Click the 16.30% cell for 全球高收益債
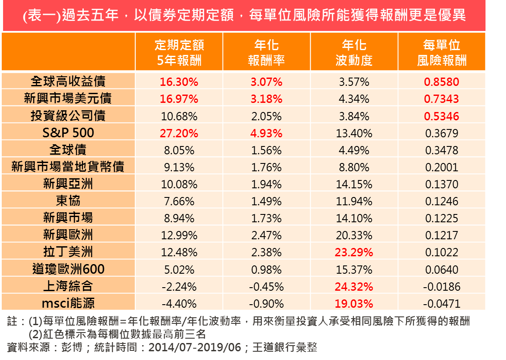click(179, 82)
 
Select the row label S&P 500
click(68, 133)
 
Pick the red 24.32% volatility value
click(354, 287)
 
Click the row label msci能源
click(68, 303)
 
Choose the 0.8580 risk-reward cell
click(441, 82)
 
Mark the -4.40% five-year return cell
click(179, 304)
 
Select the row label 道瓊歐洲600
click(68, 269)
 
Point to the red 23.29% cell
click(354, 252)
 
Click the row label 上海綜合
click(68, 286)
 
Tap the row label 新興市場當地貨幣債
click(68, 167)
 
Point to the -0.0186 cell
click(441, 287)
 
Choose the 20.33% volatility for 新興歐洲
click(354, 235)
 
